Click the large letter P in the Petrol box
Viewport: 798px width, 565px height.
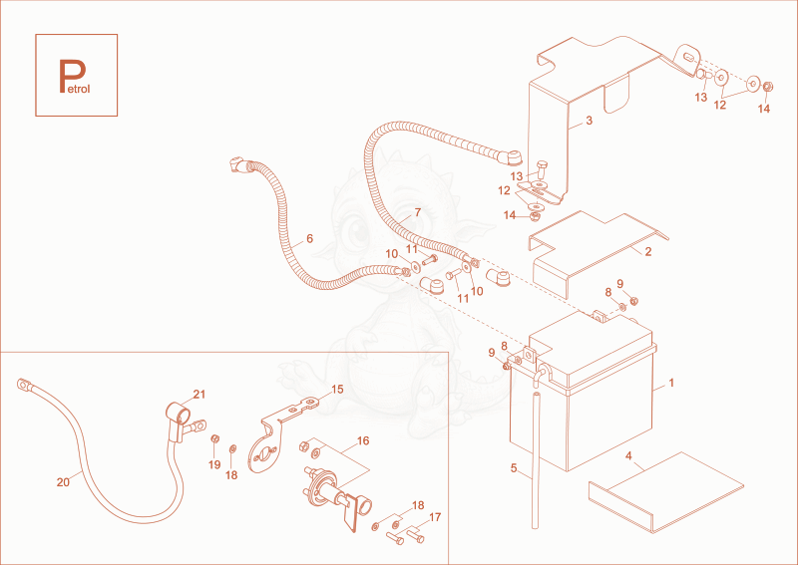click(71, 76)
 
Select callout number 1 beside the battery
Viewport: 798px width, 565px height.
click(671, 383)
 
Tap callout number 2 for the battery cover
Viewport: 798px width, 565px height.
click(647, 252)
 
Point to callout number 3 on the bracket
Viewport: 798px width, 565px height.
click(589, 121)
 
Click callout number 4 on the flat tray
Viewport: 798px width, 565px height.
click(628, 456)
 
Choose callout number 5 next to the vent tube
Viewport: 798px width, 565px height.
click(514, 468)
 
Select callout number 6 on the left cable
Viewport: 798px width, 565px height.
click(309, 238)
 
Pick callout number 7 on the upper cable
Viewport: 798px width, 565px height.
click(417, 212)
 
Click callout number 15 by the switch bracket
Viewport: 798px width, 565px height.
click(337, 390)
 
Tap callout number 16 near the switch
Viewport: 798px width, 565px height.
click(363, 440)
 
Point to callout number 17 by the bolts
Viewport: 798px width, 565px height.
click(435, 518)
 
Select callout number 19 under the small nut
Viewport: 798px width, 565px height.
click(214, 464)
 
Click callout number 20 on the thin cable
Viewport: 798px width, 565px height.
click(63, 482)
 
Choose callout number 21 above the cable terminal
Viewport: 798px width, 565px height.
click(199, 395)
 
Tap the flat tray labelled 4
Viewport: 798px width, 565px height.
click(666, 490)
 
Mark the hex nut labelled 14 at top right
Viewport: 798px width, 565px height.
click(769, 87)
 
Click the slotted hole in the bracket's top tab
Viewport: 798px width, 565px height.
click(687, 57)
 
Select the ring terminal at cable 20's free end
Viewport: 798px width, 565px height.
click(23, 385)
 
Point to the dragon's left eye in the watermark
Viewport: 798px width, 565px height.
click(358, 230)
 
